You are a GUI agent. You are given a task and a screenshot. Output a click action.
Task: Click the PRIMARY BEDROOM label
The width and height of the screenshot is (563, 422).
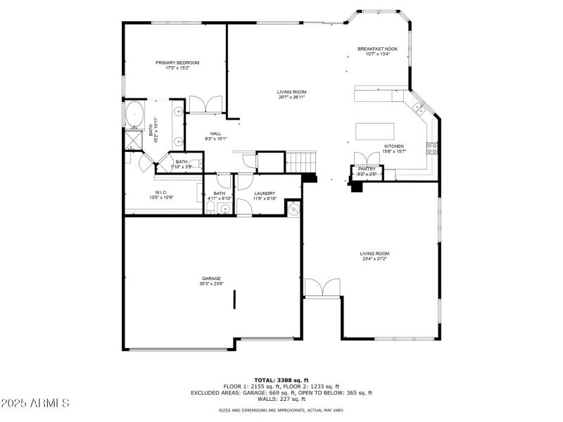point(177,63)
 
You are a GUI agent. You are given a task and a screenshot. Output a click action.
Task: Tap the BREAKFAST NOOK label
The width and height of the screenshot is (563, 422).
point(377,49)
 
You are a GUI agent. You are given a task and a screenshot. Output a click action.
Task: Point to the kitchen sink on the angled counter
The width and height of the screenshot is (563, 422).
point(418,108)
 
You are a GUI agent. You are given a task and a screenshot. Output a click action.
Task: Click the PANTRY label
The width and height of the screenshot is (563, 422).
point(367,169)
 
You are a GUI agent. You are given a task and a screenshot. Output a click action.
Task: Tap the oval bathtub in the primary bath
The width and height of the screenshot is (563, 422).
point(134,113)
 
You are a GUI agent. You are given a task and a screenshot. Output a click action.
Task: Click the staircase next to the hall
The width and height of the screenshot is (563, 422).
point(300,162)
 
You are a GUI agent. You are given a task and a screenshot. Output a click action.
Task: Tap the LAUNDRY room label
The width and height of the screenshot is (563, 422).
point(265,193)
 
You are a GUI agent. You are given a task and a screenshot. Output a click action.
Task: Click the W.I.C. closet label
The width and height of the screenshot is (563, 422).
point(160,193)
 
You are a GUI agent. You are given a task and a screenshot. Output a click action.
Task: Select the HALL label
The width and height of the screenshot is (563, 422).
point(215,134)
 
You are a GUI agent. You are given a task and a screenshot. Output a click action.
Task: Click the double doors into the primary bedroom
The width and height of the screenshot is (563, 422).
point(205,103)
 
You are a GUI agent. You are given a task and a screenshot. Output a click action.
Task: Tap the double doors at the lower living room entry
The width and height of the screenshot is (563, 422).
point(322,288)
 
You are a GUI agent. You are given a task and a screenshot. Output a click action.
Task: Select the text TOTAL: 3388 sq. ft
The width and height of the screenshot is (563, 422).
point(281,380)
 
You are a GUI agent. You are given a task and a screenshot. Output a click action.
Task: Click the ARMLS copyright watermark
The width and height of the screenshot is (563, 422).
point(35,403)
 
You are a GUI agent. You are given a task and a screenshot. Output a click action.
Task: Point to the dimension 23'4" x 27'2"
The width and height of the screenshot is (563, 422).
point(374,259)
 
